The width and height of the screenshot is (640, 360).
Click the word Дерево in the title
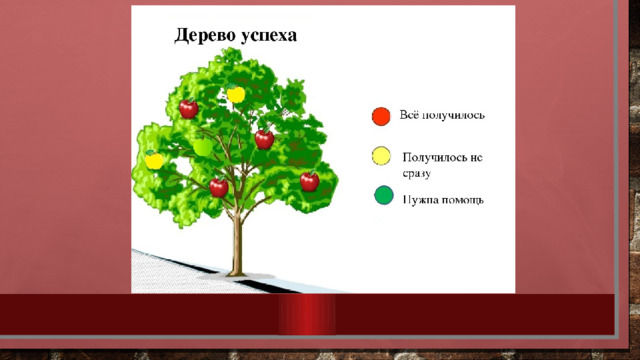205,36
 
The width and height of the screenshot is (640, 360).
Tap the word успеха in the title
269,37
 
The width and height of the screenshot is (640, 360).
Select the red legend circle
381,116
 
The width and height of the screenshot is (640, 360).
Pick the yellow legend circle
381,156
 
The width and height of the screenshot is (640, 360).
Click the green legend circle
384,195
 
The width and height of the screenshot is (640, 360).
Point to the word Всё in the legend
408,115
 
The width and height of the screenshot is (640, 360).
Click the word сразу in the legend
417,173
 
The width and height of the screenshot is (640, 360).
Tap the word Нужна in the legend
418,200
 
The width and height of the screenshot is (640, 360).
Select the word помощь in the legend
460,200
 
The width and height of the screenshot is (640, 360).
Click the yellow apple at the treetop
236,94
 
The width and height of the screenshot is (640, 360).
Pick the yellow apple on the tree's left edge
154,160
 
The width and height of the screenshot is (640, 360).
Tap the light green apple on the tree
202,147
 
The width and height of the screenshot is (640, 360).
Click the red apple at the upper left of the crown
189,108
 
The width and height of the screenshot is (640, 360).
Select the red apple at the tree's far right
309,181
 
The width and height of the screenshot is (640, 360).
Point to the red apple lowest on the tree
219,187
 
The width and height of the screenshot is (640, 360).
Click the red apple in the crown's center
264,139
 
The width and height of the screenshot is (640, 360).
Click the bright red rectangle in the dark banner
307,314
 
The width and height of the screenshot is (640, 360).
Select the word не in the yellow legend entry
476,158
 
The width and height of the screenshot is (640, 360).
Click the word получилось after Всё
453,116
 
